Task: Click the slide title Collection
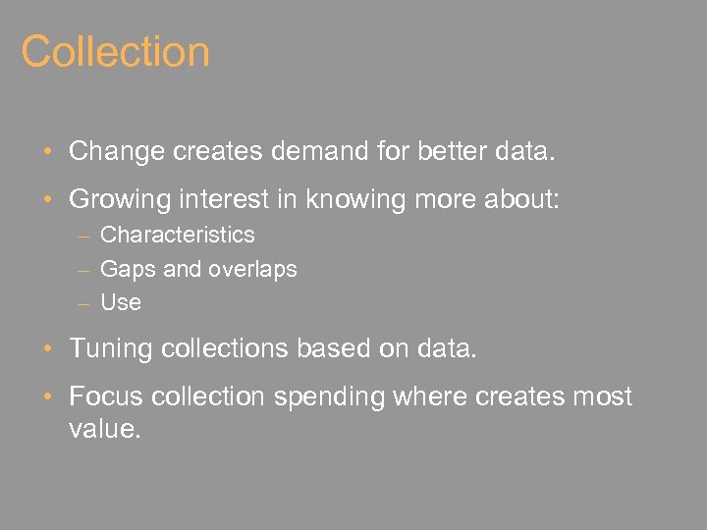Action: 115,52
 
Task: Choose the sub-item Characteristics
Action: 178,236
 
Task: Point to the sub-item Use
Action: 121,302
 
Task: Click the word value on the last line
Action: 104,428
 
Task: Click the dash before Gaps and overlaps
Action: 85,270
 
